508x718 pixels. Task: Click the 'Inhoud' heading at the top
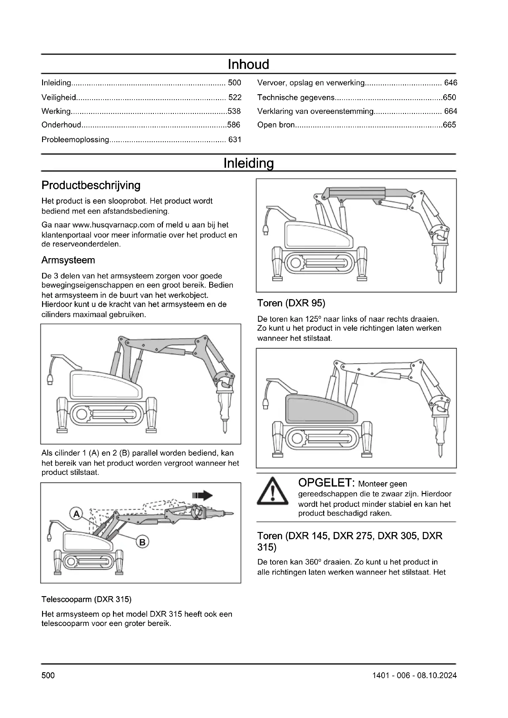coord(248,64)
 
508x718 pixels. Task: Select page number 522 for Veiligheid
coord(235,98)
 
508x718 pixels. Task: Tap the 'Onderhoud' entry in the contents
coord(61,125)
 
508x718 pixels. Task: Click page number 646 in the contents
coord(451,83)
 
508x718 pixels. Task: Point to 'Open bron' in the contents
coord(276,125)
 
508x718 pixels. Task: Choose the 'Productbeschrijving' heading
coord(91,185)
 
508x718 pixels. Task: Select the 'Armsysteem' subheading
coord(68,260)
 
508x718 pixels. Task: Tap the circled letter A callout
coord(76,514)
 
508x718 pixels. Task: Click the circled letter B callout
coord(142,542)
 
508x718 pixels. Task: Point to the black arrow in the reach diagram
coord(203,496)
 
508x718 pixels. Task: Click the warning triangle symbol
coord(272,491)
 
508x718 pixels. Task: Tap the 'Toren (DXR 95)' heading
coord(291,303)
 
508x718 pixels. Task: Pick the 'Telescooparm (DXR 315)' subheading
coord(87,599)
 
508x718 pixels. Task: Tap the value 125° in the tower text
coord(313,319)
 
